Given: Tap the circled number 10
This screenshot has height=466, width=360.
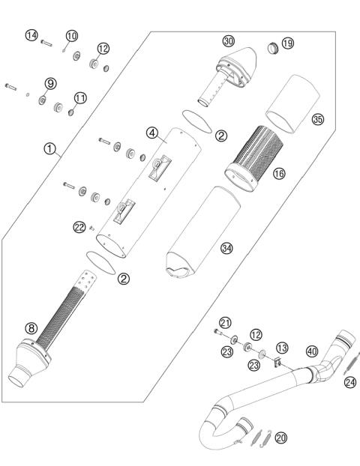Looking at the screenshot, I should point(71,35).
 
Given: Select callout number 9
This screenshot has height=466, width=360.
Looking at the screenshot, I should point(50,82).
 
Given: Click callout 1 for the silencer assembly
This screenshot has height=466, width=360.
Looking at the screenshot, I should point(50,149).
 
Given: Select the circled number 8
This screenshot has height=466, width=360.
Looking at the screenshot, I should point(31,327).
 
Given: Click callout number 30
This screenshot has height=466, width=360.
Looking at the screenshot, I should point(229,40).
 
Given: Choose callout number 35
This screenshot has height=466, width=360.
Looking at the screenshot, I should point(317,119).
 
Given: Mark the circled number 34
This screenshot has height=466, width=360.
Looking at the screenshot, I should point(226,246).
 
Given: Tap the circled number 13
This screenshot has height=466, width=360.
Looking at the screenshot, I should point(282,348).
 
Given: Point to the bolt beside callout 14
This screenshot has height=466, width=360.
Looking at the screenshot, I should point(46,42).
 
